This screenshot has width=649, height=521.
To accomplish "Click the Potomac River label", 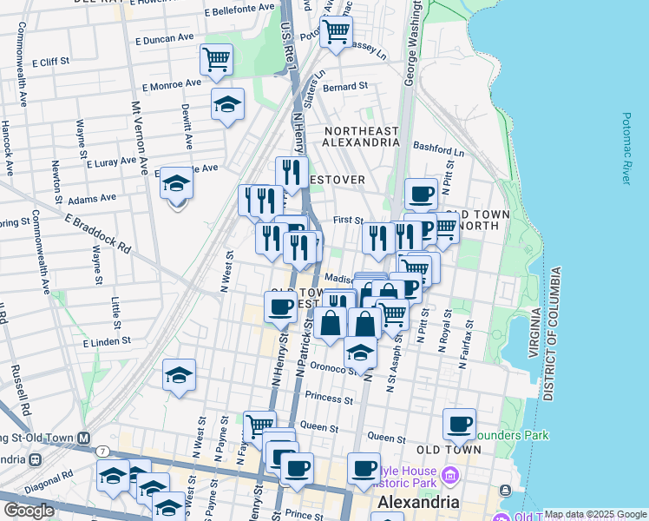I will click(626, 148).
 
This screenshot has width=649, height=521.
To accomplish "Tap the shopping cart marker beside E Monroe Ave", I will click(216, 60).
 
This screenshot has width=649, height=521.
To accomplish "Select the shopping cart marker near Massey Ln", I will click(336, 31).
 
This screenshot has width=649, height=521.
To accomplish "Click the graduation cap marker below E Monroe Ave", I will click(227, 104).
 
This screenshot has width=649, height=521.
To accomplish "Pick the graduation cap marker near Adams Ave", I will click(176, 184).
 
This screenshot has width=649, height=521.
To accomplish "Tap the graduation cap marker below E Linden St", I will click(179, 376).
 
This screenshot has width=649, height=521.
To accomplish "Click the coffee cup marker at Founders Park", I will click(459, 425).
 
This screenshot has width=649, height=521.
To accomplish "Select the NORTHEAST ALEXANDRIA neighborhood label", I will click(361, 137).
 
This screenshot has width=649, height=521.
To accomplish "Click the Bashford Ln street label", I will click(439, 149).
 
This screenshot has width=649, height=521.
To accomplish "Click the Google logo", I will click(29, 511).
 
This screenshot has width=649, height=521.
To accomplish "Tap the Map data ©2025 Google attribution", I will click(594, 514).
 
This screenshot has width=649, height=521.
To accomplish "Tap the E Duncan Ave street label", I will click(163, 39).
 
